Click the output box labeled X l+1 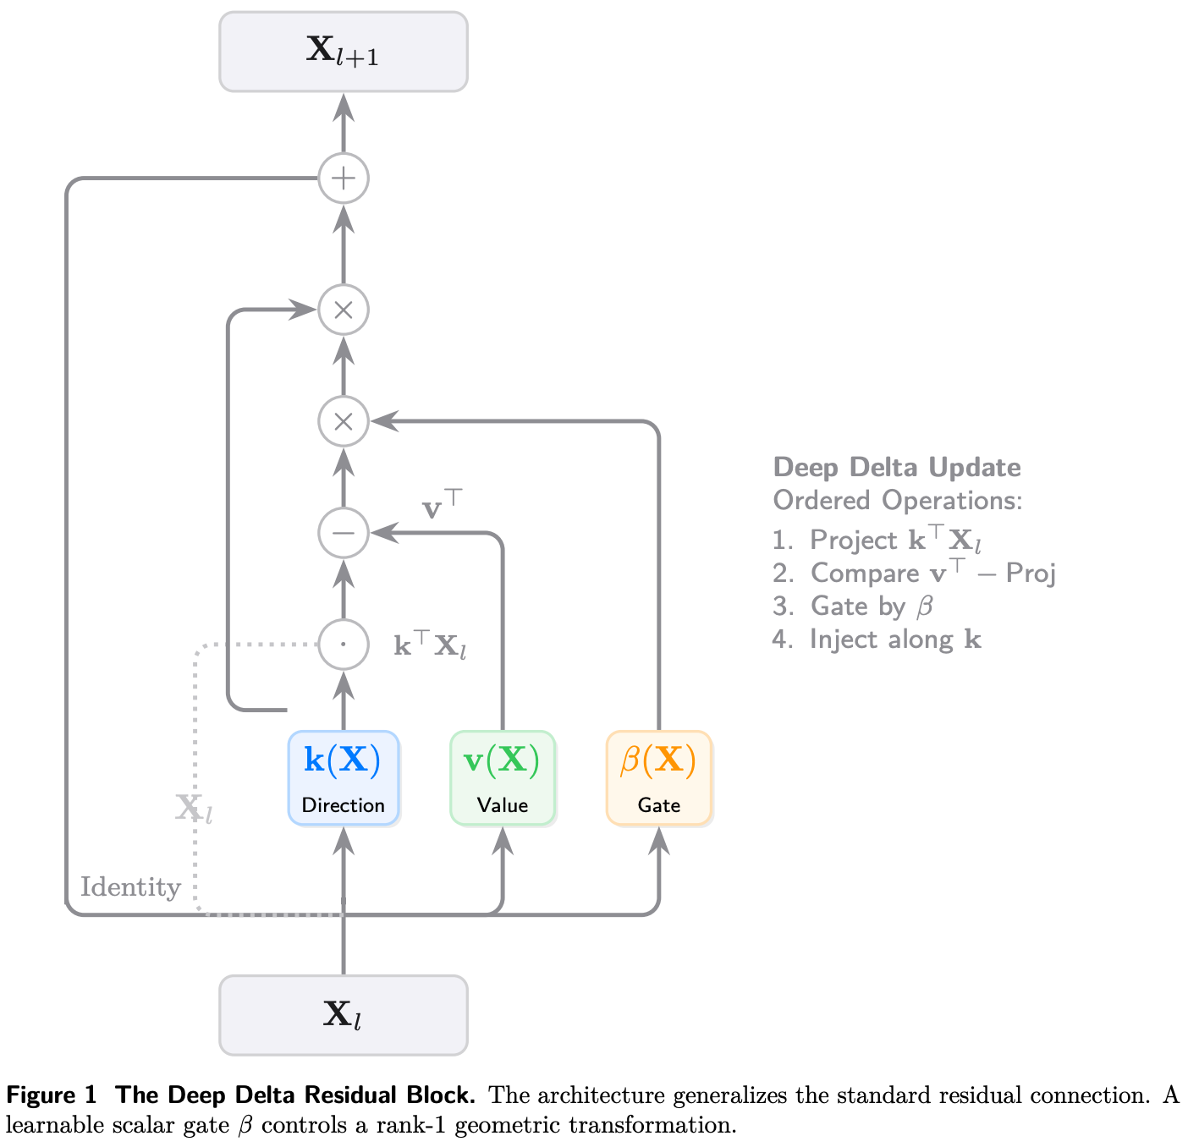(x=343, y=52)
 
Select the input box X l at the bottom (x=343, y=1014)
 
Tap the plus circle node (x=343, y=178)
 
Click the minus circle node (x=343, y=533)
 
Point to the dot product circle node (x=343, y=644)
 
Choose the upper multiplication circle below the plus (x=343, y=310)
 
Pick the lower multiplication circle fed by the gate (x=343, y=421)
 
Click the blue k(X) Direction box (x=343, y=777)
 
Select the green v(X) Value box (x=502, y=777)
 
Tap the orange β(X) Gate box (x=658, y=777)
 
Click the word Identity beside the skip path (x=130, y=887)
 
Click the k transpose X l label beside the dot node (x=430, y=646)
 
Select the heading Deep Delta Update (x=896, y=467)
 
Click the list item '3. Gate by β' (x=852, y=606)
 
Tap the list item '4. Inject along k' (x=876, y=639)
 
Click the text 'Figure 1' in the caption (x=52, y=1095)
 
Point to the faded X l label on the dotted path (x=193, y=809)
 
